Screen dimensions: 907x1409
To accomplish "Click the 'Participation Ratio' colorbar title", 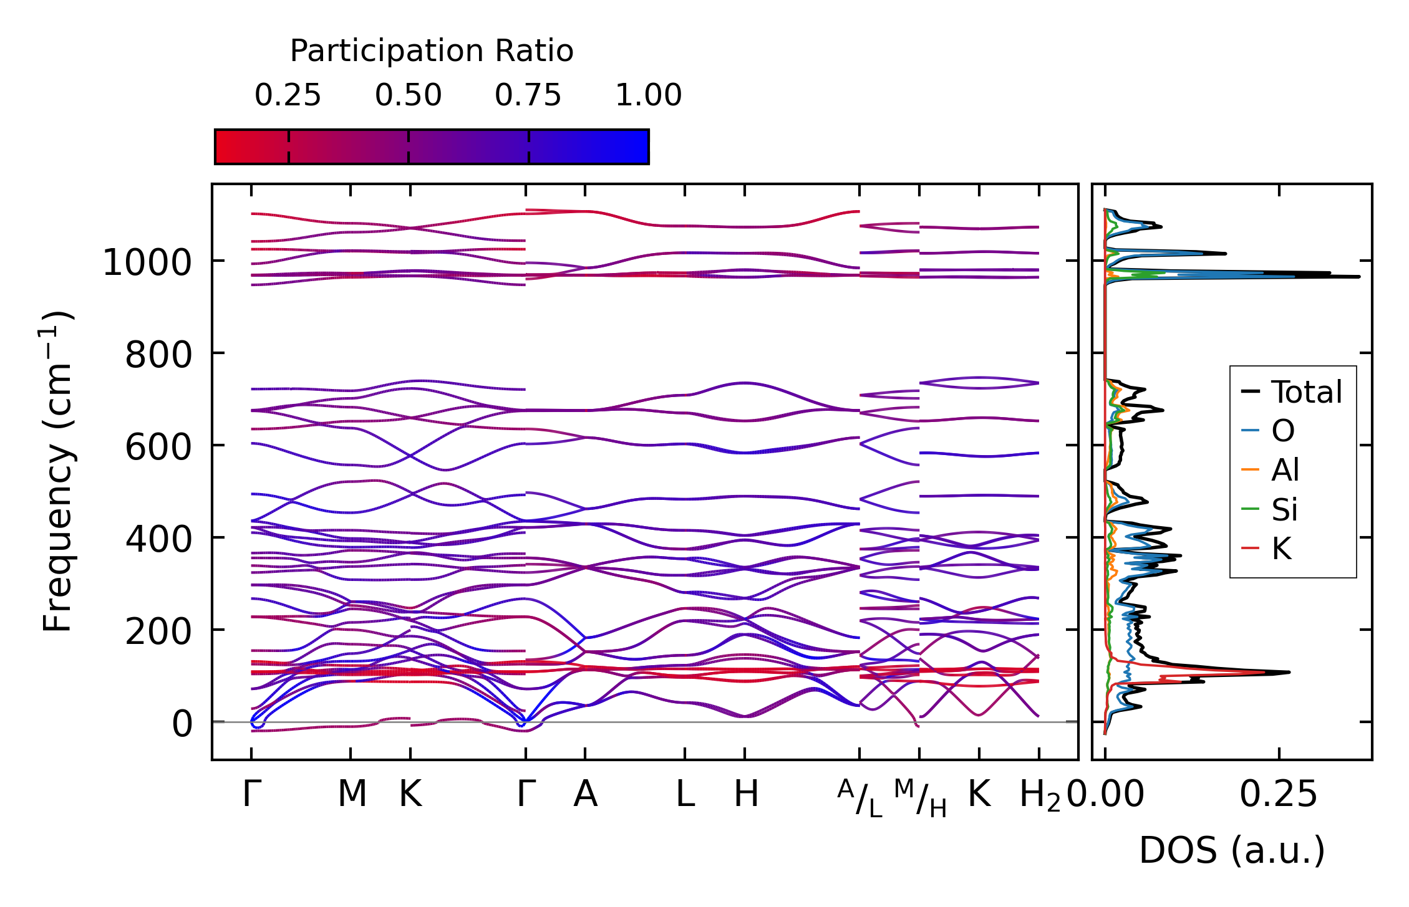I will coord(432,51).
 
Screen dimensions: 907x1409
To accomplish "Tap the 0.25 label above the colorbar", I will coord(288,95).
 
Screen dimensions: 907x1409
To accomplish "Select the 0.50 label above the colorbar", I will coord(408,95).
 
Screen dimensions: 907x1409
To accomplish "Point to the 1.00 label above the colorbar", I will coord(649,95).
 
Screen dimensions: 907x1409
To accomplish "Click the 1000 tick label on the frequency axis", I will coord(147,262).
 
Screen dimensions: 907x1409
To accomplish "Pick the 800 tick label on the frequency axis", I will coord(158,355).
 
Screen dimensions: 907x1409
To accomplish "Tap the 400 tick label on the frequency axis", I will coord(158,539).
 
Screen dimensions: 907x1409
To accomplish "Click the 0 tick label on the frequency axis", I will coord(182,724).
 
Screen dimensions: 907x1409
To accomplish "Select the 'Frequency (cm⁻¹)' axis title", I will coord(57,471).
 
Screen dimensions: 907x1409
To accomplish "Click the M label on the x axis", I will coord(352,794).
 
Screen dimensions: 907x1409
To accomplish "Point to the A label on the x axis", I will coord(585,794).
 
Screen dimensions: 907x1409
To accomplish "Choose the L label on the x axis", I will coord(685,794).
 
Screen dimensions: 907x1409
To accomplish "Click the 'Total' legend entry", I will coord(1306,392).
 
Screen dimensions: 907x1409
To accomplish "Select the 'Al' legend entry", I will coord(1285,470).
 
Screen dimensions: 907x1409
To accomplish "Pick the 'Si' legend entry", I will coord(1284,509).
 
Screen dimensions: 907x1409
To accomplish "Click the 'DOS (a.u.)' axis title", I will coord(1232,850).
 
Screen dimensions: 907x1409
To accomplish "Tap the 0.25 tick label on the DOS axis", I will coord(1278,794).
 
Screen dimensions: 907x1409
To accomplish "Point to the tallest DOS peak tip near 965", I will coord(1358,276).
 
